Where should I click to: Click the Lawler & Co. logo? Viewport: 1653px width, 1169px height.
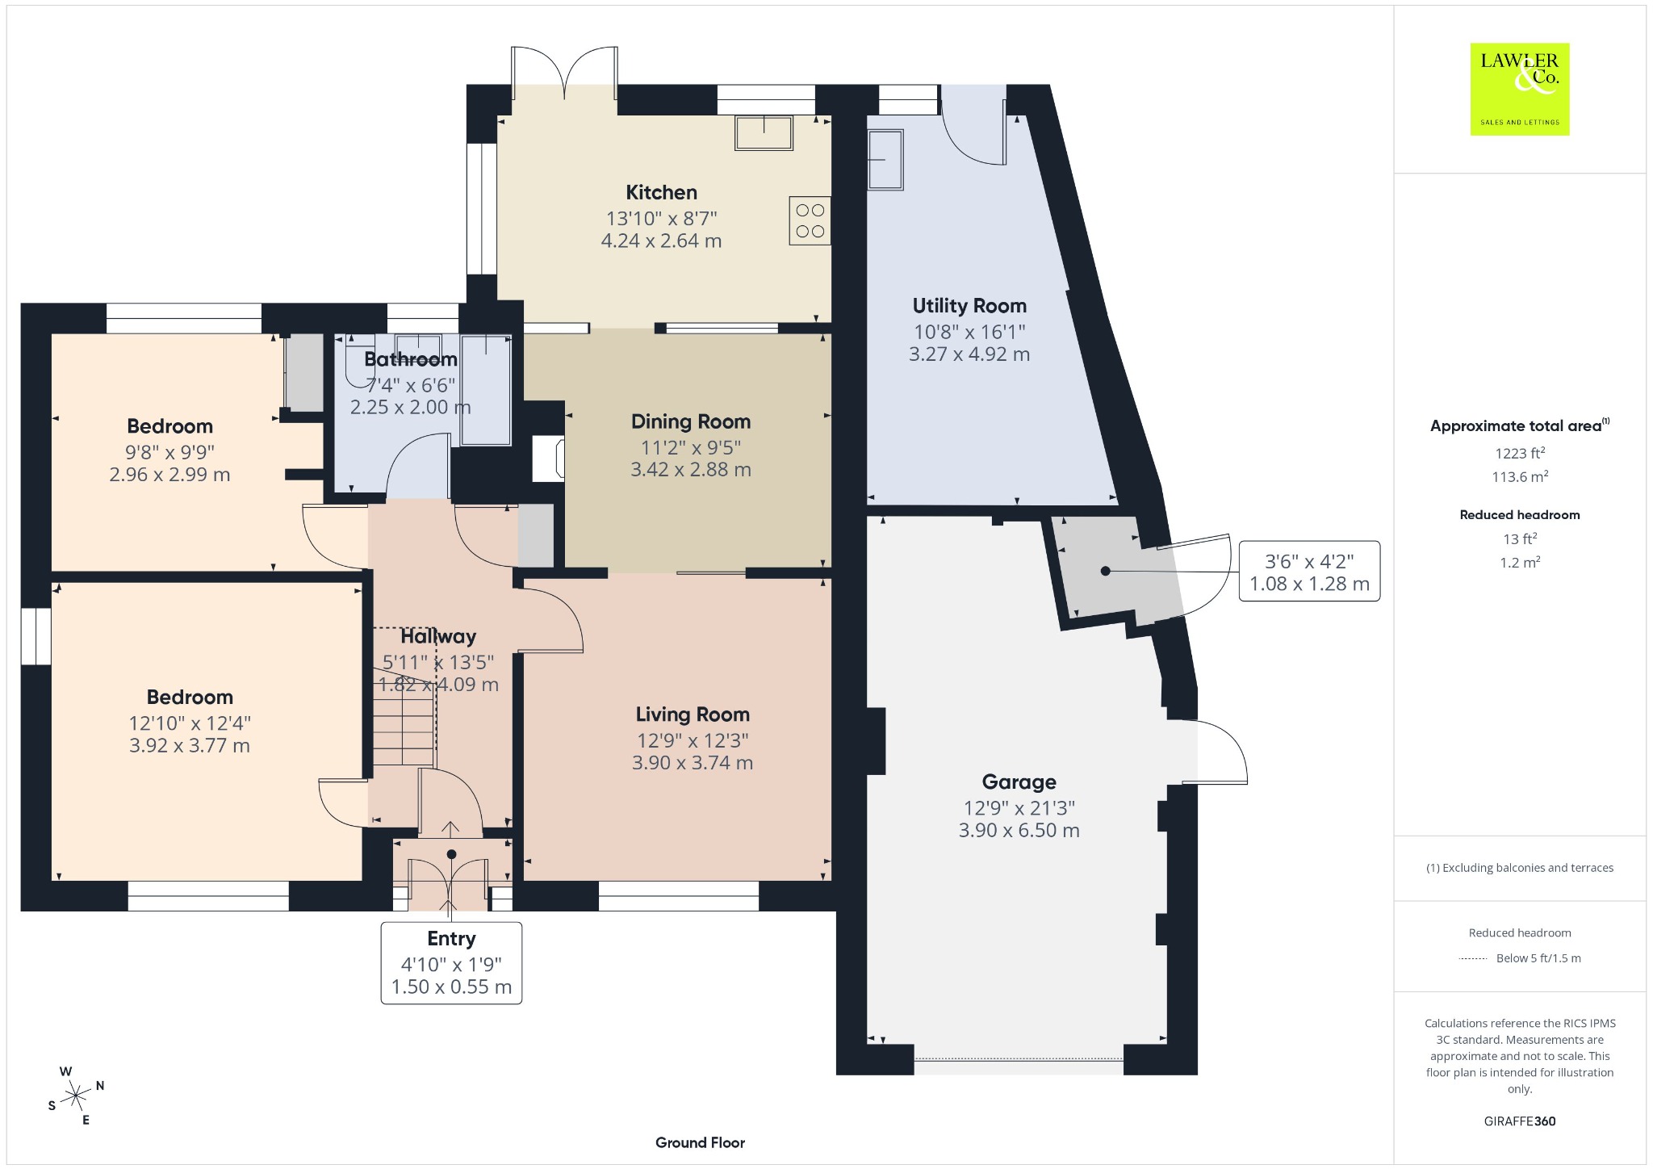1520,90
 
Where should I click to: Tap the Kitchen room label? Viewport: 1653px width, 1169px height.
662,192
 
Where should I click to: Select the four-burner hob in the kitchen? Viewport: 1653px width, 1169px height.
810,221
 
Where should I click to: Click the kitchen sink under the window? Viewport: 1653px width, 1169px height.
764,132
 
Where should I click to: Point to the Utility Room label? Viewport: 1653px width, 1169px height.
969,306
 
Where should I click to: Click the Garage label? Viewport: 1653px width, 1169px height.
1019,782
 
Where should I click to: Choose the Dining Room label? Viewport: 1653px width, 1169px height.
691,421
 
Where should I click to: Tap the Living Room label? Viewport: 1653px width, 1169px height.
693,714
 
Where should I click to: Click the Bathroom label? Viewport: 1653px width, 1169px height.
411,359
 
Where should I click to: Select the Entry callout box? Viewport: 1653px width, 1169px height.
451,963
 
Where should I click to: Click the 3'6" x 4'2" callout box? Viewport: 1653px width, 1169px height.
1309,572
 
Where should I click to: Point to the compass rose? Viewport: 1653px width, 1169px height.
76,1096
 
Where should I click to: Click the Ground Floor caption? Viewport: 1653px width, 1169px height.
700,1142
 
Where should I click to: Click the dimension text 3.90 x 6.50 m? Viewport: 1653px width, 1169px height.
1019,831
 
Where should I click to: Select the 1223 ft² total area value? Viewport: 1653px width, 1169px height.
1520,453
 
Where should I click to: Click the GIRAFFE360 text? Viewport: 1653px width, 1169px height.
1520,1121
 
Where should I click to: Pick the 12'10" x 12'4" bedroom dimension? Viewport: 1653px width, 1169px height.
190,723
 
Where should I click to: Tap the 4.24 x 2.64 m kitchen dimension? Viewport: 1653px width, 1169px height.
662,241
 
